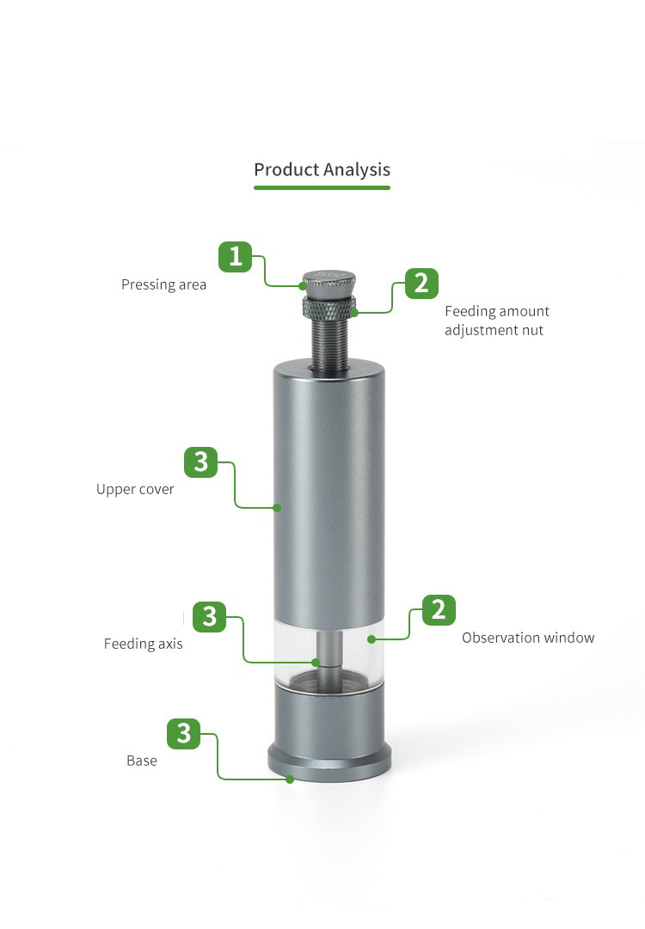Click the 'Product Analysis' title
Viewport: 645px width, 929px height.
click(x=322, y=170)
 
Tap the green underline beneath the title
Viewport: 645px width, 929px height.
click(x=322, y=188)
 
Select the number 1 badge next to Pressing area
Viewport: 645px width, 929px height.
click(x=236, y=257)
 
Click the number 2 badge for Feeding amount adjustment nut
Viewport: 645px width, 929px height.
click(x=421, y=284)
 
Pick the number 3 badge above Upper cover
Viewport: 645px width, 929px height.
click(x=201, y=462)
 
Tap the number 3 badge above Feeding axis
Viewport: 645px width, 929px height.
click(x=209, y=617)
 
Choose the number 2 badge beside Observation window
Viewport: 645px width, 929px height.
click(x=439, y=609)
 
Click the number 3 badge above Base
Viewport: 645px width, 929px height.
click(x=184, y=733)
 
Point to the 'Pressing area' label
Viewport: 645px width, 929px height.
click(x=163, y=285)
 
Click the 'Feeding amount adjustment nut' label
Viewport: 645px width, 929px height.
click(x=497, y=321)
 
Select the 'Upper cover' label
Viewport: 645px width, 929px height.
click(x=135, y=489)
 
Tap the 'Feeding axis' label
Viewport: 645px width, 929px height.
click(x=143, y=644)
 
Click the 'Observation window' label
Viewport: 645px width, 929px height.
click(x=528, y=638)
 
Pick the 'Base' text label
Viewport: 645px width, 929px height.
click(x=142, y=761)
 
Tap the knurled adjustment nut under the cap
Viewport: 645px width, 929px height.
click(x=329, y=307)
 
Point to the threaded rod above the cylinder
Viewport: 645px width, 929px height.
click(x=329, y=344)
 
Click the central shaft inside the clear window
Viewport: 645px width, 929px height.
click(x=329, y=651)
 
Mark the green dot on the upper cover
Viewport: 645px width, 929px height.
click(x=276, y=508)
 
